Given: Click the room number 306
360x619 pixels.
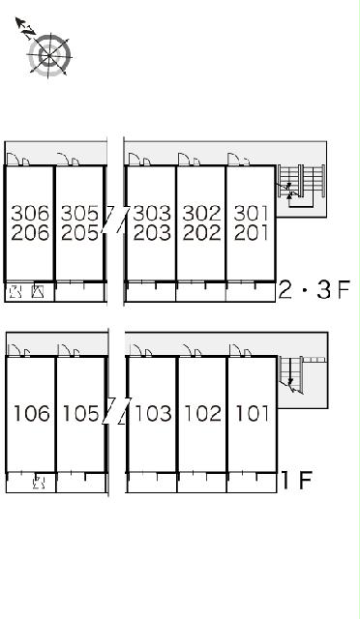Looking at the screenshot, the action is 30,214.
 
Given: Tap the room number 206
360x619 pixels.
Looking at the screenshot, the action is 30,232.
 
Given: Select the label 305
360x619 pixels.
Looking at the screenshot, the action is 79,214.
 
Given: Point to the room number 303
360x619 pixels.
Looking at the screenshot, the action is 152,214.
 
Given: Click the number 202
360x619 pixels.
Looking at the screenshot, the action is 201,232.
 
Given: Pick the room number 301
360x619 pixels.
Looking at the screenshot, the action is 252,214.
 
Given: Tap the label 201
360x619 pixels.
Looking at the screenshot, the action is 252,232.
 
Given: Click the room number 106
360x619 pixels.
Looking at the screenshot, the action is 32,413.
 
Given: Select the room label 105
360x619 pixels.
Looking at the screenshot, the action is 80,413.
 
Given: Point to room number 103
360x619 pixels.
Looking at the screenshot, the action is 153,413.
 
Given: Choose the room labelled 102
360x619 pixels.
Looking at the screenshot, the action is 202,413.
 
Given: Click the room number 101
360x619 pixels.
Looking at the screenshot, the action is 253,413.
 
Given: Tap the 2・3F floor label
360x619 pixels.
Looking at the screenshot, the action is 315,290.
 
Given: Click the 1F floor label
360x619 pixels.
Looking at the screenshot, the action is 296,480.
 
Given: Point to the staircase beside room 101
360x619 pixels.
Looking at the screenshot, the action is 291,375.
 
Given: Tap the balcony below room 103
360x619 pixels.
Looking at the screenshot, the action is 152,483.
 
